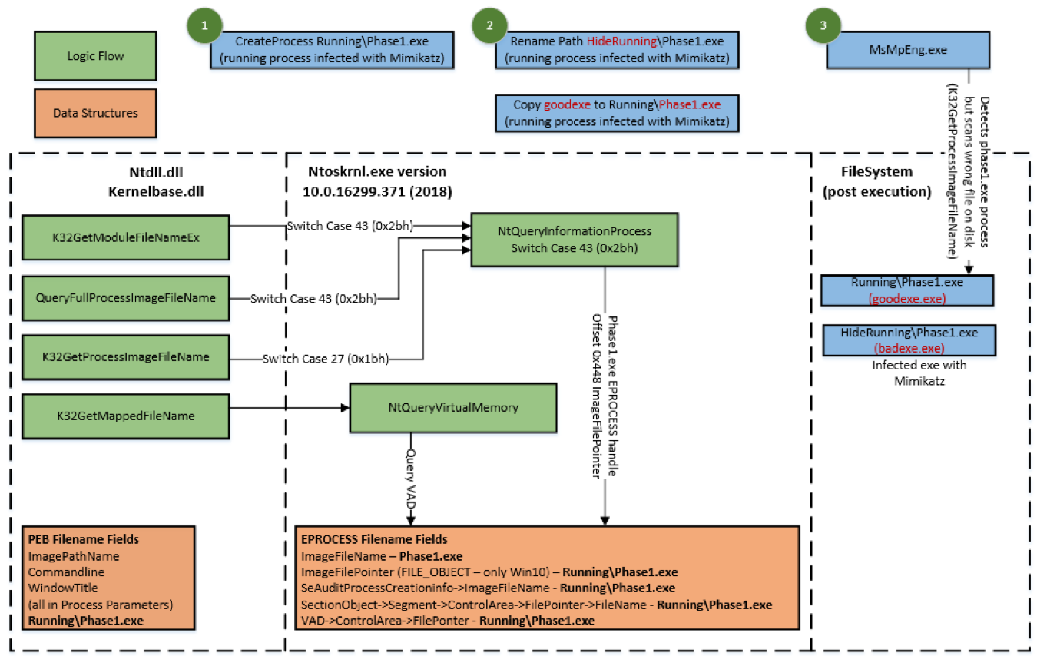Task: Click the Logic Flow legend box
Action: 95,56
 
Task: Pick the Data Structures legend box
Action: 95,113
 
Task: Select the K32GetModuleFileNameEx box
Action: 125,237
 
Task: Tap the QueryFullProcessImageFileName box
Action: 125,297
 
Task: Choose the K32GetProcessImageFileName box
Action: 125,357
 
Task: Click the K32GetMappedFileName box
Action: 125,416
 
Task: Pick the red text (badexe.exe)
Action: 909,348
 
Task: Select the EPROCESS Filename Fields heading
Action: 374,540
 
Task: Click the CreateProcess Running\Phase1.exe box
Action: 332,49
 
